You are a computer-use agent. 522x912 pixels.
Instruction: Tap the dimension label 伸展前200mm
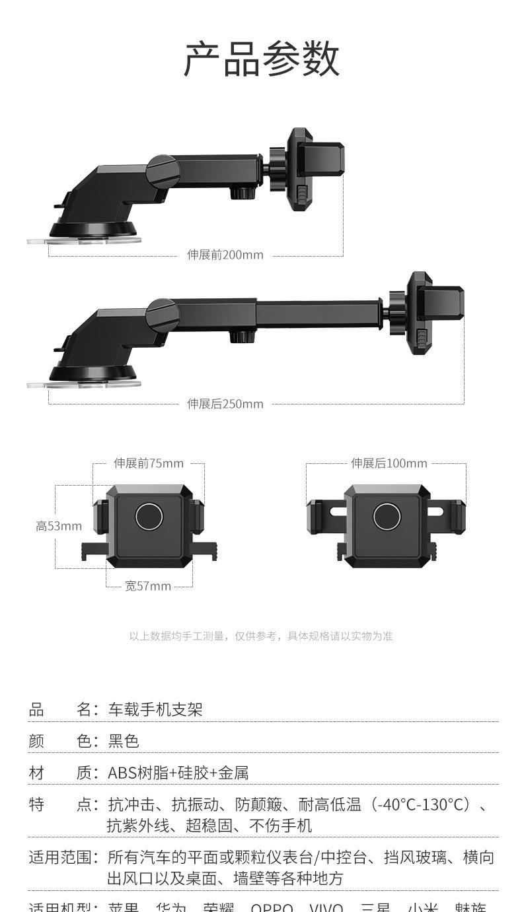click(x=225, y=255)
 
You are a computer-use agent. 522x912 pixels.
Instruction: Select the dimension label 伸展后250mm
click(x=225, y=404)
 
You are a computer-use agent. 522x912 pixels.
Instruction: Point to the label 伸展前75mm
click(x=149, y=463)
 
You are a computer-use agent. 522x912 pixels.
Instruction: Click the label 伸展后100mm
click(x=389, y=463)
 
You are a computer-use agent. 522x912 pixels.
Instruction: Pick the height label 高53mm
click(x=59, y=526)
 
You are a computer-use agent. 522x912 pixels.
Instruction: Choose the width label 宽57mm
click(x=148, y=586)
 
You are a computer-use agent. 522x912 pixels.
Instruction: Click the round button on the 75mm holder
click(x=149, y=516)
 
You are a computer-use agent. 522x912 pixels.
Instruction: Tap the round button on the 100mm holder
click(x=387, y=516)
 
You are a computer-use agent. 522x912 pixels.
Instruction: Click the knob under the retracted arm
click(x=242, y=193)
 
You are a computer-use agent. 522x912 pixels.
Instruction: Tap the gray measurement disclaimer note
click(x=261, y=636)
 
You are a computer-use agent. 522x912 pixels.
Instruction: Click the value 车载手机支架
click(x=155, y=709)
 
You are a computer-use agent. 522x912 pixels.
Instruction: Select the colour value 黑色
click(x=124, y=741)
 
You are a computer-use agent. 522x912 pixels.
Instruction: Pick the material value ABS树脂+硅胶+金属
click(x=178, y=773)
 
